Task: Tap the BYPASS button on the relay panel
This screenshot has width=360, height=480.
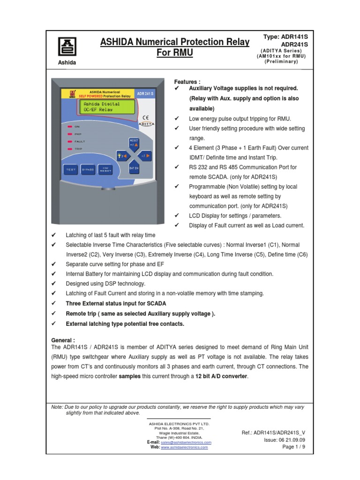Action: click(x=88, y=169)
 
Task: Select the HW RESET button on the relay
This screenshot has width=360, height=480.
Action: click(x=106, y=169)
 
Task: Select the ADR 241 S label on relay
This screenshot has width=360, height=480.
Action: click(x=145, y=94)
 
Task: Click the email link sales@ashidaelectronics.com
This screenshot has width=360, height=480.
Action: click(x=186, y=442)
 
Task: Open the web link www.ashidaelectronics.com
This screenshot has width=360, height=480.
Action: click(x=184, y=447)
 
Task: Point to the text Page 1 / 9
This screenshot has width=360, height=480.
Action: click(x=293, y=447)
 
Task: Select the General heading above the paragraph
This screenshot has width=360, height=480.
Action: click(x=62, y=340)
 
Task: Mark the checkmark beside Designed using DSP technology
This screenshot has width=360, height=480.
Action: click(x=53, y=284)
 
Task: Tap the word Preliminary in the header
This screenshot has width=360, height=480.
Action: click(x=281, y=61)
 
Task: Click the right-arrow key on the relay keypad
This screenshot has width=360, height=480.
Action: click(x=146, y=154)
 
